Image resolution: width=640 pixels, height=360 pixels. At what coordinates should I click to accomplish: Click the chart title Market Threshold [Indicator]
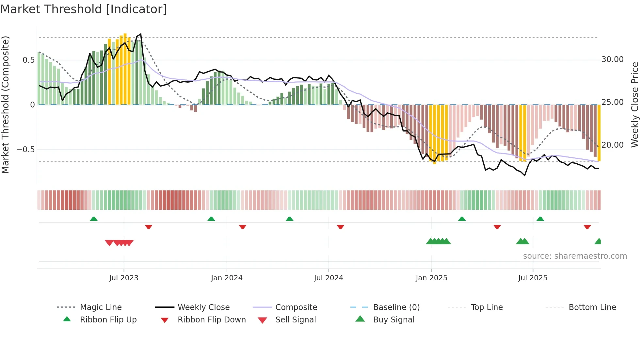click(84, 9)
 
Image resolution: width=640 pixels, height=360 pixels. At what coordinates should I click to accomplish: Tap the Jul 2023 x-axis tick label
click(124, 278)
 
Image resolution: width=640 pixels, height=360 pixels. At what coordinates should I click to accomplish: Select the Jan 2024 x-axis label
click(227, 278)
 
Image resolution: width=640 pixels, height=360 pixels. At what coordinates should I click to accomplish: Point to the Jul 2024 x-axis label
click(328, 278)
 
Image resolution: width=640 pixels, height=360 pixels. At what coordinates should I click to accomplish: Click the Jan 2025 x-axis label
click(431, 278)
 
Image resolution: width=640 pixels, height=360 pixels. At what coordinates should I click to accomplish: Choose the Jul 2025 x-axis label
click(533, 278)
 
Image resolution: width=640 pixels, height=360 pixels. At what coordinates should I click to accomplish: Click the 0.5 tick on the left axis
click(29, 60)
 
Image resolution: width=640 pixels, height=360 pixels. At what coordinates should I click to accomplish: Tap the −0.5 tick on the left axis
click(26, 150)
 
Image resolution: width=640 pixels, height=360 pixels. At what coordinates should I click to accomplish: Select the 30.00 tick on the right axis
click(613, 59)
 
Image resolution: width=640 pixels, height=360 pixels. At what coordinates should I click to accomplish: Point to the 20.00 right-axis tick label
click(613, 145)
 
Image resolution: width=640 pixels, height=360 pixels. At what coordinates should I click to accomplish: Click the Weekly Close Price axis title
click(635, 105)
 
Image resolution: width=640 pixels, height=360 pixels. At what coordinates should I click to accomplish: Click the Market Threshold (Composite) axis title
click(5, 105)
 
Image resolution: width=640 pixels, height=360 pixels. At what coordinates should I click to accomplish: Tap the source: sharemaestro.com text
click(575, 256)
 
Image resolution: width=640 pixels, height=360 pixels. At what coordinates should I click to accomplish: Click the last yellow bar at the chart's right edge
click(599, 133)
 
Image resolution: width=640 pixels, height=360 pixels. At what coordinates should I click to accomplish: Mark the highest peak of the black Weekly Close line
click(141, 34)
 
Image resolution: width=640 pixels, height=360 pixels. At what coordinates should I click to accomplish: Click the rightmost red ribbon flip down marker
click(587, 227)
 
